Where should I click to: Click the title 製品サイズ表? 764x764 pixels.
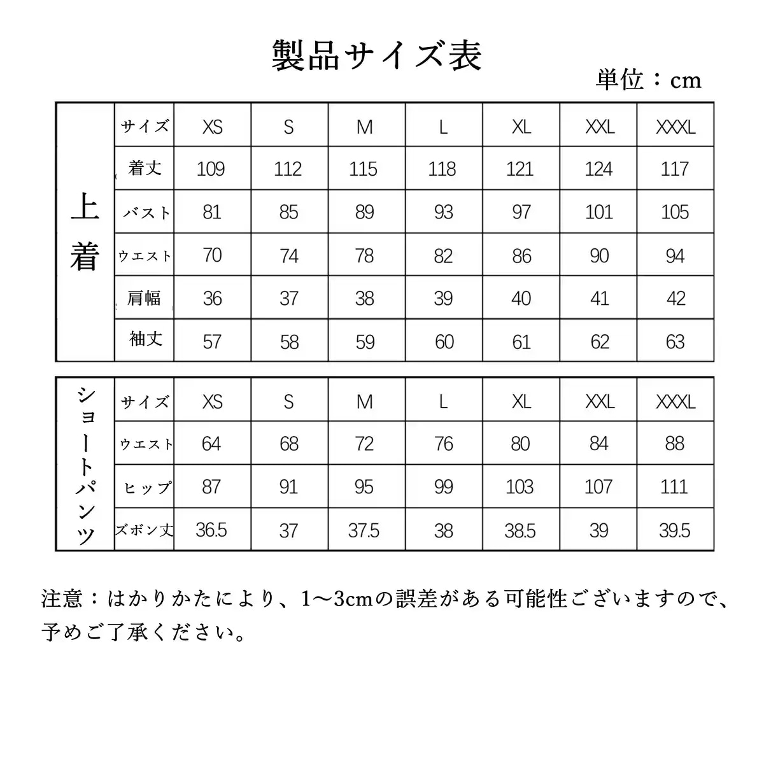377,55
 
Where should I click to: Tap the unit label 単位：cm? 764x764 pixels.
648,80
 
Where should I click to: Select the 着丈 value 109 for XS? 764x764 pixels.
211,169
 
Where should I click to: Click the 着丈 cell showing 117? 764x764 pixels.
675,169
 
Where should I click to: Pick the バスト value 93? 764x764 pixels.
443,212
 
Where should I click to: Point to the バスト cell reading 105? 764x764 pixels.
675,212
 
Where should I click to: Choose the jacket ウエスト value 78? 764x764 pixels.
365,255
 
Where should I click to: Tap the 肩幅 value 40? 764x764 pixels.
521,299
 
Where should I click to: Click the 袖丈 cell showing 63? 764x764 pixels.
675,342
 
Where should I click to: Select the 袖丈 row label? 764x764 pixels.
145,339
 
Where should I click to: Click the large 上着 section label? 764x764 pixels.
85,232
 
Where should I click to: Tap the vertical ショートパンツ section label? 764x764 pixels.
86,465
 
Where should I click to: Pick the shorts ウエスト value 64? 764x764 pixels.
211,444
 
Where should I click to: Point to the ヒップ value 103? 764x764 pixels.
520,487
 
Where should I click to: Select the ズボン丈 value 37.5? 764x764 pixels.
364,530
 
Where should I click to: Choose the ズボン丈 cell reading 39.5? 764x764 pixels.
674,530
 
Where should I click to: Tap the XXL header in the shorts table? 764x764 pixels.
600,402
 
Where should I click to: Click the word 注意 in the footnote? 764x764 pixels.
62,598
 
